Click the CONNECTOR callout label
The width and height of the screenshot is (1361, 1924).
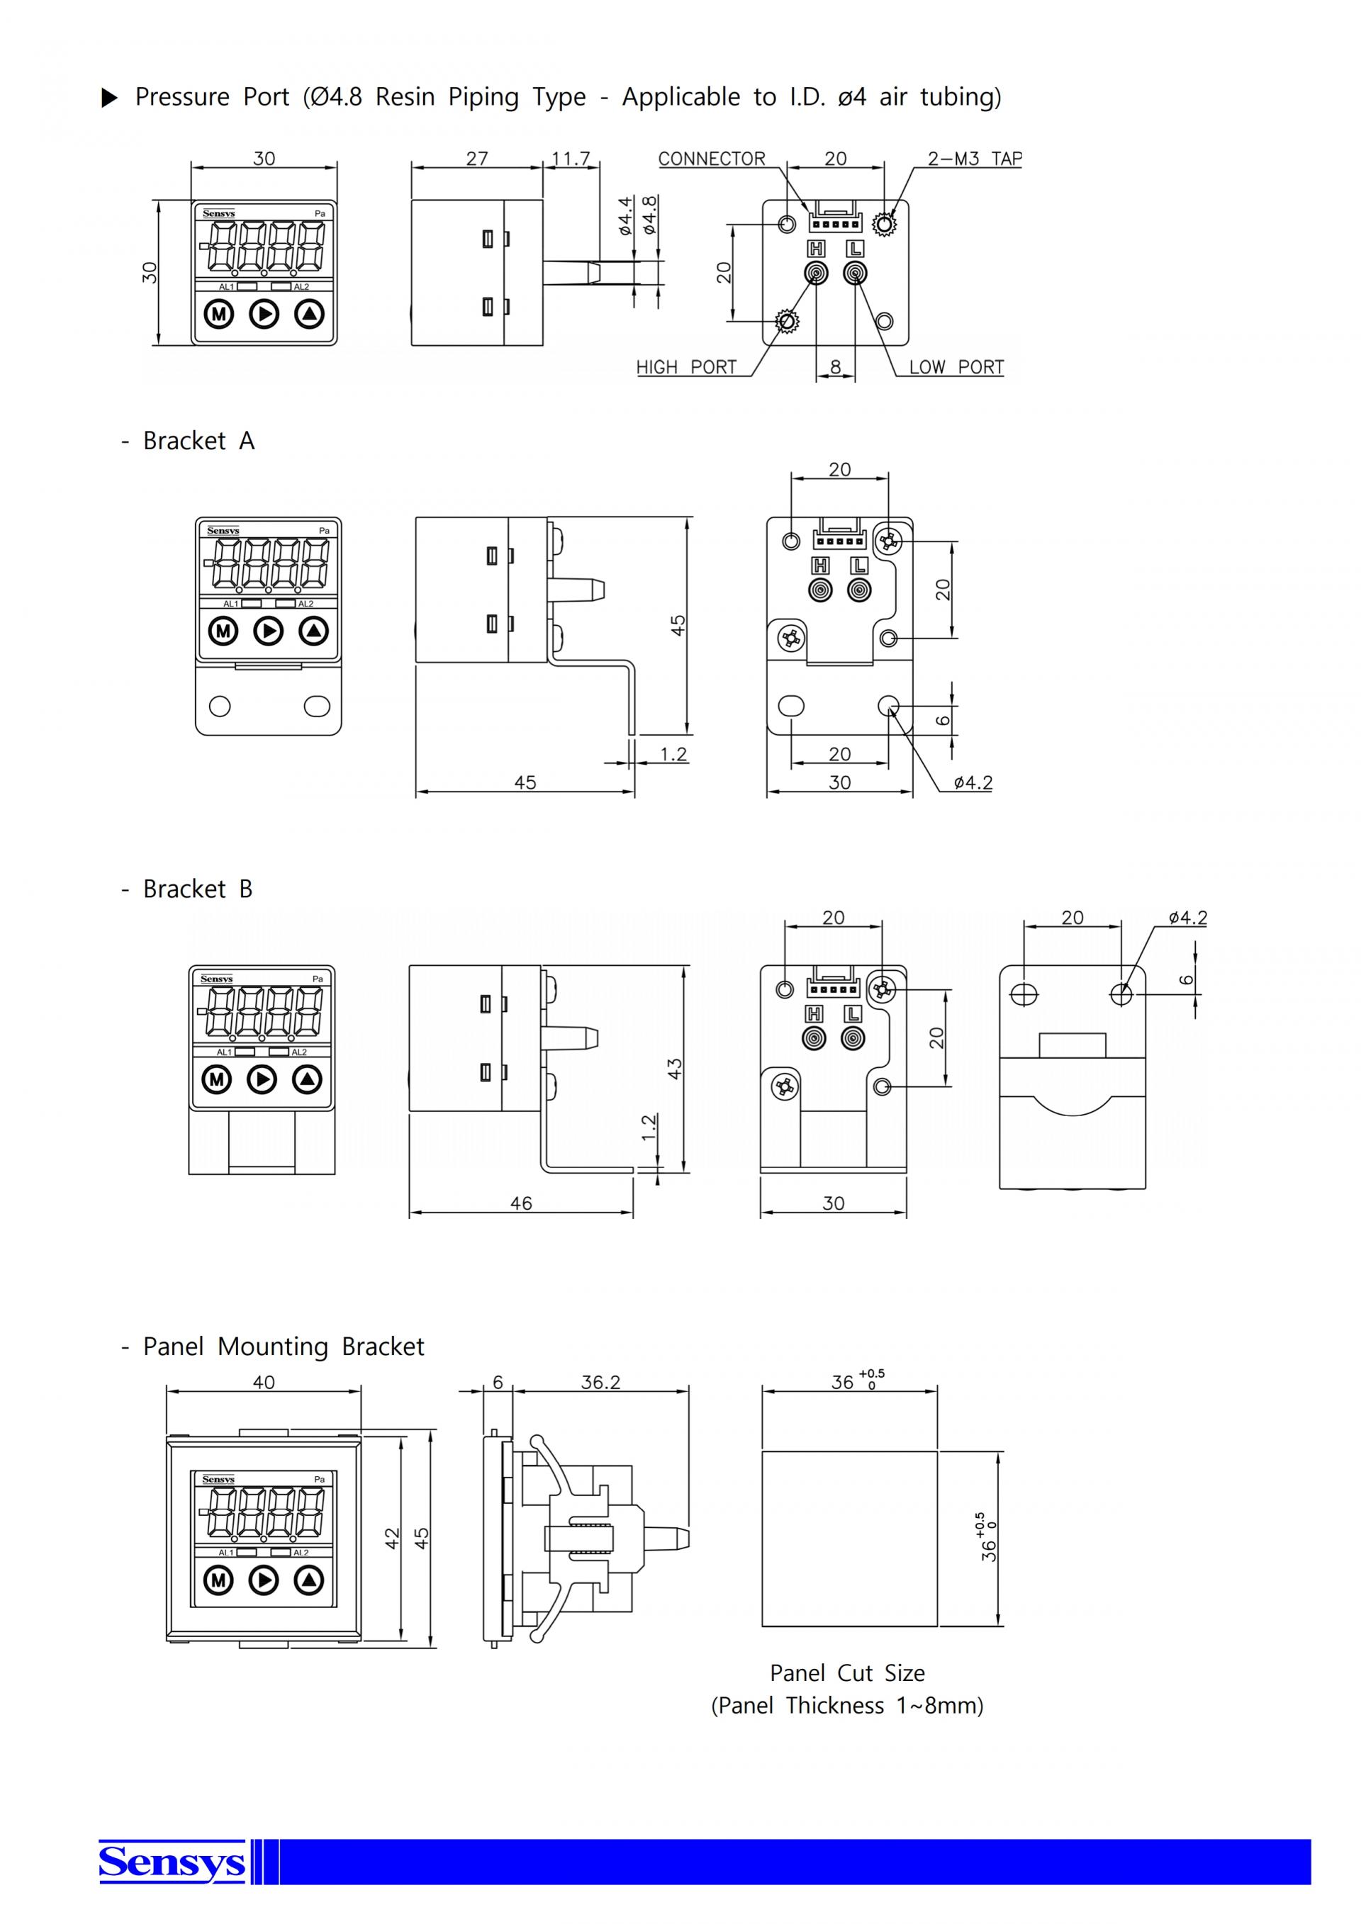(x=712, y=159)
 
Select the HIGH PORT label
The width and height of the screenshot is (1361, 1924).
(x=686, y=367)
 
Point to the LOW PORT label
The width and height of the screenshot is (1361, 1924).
(x=956, y=367)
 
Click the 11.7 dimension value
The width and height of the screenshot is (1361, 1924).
(x=571, y=158)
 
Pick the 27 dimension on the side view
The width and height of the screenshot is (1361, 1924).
(x=477, y=158)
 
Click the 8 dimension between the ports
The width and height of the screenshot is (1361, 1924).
(x=836, y=367)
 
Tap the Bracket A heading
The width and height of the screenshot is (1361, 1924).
(x=188, y=441)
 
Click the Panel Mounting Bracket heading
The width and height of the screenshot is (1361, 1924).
(x=272, y=1346)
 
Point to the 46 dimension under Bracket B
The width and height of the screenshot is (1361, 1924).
(x=521, y=1203)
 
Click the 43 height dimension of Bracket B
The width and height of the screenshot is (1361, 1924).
(x=676, y=1069)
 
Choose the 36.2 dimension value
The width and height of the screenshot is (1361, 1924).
(x=601, y=1382)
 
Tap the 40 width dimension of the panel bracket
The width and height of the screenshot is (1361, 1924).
(x=264, y=1382)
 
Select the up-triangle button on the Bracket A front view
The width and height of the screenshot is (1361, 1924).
(x=314, y=630)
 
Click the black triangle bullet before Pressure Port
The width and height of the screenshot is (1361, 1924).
(x=110, y=98)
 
